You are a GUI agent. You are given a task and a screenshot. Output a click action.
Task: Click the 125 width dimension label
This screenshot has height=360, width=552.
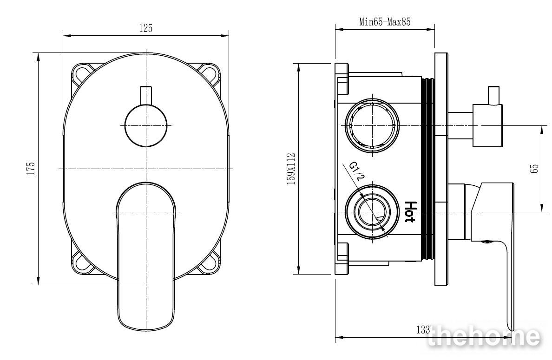tap(146, 28)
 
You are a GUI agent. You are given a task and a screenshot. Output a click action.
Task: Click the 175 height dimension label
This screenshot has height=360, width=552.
tap(31, 169)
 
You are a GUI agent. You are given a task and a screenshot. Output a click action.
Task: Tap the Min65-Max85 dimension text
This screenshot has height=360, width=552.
tap(385, 22)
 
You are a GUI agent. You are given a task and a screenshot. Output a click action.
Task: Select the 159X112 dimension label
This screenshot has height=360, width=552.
tap(291, 169)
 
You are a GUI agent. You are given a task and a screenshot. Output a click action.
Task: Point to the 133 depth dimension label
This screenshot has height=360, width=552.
tap(423, 329)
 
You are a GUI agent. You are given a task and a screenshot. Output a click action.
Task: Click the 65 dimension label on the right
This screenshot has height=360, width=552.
tap(534, 168)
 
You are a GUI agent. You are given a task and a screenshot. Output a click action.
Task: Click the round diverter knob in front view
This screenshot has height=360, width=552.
tap(146, 125)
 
